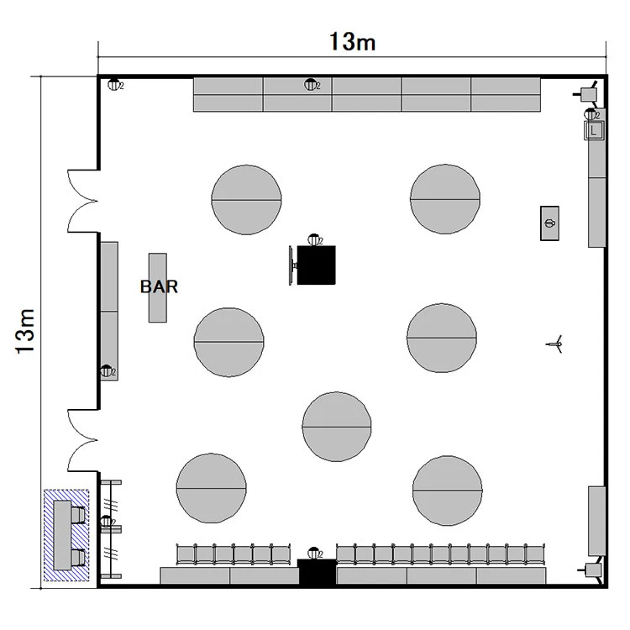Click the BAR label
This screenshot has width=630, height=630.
tap(159, 286)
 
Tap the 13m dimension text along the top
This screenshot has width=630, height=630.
tap(352, 42)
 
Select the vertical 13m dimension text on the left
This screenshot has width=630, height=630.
tap(25, 332)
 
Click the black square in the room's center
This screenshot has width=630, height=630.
tap(316, 265)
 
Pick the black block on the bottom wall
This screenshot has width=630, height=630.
tap(318, 572)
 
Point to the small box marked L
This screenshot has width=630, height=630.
tap(594, 130)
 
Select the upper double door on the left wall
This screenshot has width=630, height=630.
tap(83, 201)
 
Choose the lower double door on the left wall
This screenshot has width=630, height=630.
tap(83, 440)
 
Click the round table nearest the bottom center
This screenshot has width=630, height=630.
tap(337, 427)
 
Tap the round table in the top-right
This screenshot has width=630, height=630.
tap(444, 199)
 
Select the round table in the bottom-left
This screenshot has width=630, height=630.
tap(212, 488)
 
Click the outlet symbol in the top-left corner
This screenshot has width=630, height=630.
tap(114, 85)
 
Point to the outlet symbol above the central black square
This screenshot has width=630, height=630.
tap(315, 240)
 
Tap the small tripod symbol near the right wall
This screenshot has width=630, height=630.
tap(554, 344)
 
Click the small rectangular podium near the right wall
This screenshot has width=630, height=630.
tap(549, 223)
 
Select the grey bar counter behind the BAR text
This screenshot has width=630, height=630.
tap(158, 287)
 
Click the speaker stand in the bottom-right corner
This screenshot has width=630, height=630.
tap(591, 570)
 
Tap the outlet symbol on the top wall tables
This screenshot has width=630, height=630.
tap(312, 85)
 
